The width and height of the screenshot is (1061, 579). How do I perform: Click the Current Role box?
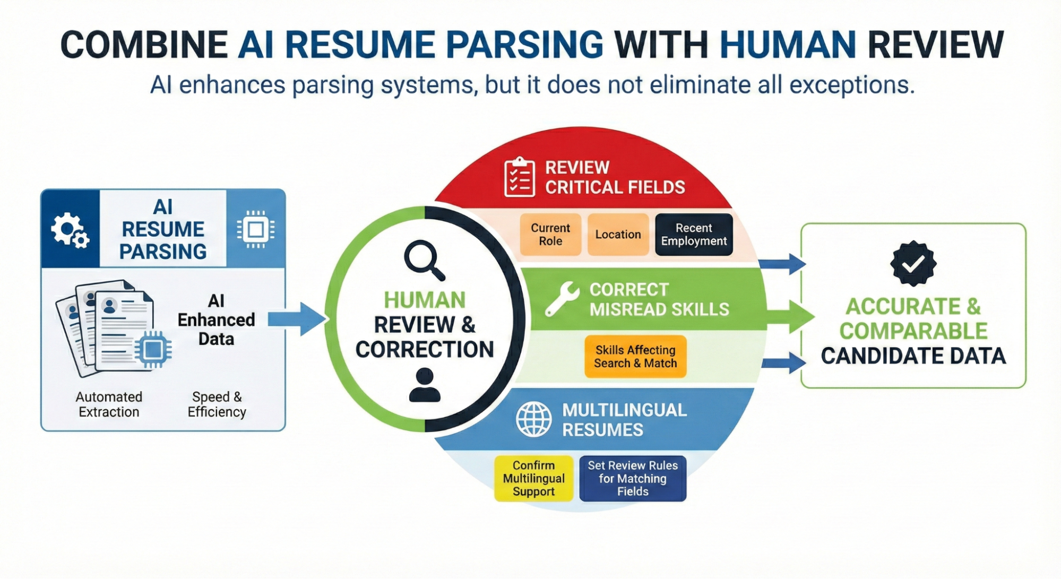(x=550, y=235)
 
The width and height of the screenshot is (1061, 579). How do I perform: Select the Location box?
(x=618, y=235)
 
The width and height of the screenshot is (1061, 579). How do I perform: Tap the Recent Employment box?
(x=694, y=235)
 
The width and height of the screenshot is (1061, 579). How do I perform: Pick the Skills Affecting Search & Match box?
(x=635, y=357)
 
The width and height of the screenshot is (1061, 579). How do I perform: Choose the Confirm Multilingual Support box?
(x=533, y=478)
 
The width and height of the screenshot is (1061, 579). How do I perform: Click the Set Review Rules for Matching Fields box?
(x=633, y=478)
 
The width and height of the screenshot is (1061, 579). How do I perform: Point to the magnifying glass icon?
(x=425, y=260)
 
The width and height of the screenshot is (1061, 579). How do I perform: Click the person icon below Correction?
(x=425, y=385)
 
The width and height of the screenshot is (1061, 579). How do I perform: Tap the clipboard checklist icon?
(x=520, y=177)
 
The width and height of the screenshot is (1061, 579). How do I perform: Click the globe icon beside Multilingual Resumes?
(x=533, y=419)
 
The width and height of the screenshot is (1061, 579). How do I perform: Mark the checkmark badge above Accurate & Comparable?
(x=913, y=263)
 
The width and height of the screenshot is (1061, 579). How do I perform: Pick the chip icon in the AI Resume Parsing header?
(x=256, y=230)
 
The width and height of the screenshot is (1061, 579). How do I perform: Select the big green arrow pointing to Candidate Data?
(x=791, y=317)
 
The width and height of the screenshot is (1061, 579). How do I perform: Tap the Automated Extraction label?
(x=109, y=404)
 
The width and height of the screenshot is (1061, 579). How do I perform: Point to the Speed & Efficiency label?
(x=217, y=404)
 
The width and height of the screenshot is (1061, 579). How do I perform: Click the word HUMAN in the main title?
(x=788, y=45)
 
